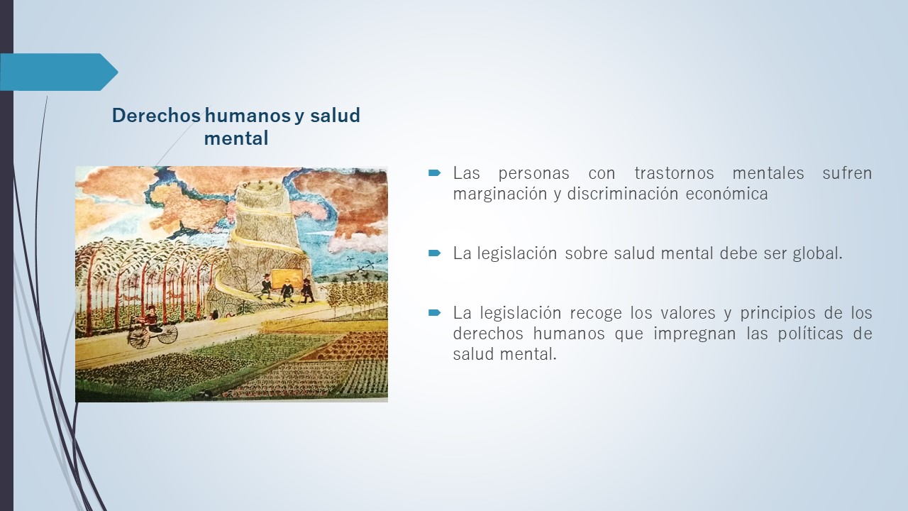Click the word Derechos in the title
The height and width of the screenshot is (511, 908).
(156, 115)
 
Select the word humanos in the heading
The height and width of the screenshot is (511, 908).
(248, 115)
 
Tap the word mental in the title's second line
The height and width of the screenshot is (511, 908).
(236, 138)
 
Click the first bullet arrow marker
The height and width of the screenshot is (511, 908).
(434, 173)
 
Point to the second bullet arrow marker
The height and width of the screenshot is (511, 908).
(434, 253)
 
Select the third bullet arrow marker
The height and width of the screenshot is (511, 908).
(434, 313)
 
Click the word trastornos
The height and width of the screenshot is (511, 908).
(674, 173)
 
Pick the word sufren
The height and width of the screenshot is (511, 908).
(847, 173)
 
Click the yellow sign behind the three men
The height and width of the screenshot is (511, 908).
(288, 278)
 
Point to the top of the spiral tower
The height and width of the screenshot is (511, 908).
(260, 187)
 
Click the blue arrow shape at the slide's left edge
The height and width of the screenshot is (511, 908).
(59, 72)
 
